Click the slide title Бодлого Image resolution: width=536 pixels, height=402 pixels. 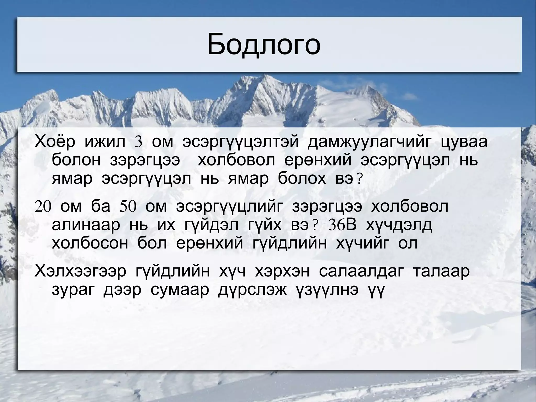(x=264, y=45)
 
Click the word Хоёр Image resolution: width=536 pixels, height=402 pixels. (x=55, y=142)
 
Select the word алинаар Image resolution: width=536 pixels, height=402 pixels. (x=86, y=225)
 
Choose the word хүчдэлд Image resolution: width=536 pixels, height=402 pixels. (x=399, y=225)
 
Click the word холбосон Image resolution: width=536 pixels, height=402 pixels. (x=90, y=244)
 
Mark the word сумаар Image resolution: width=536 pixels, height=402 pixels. (x=180, y=290)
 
